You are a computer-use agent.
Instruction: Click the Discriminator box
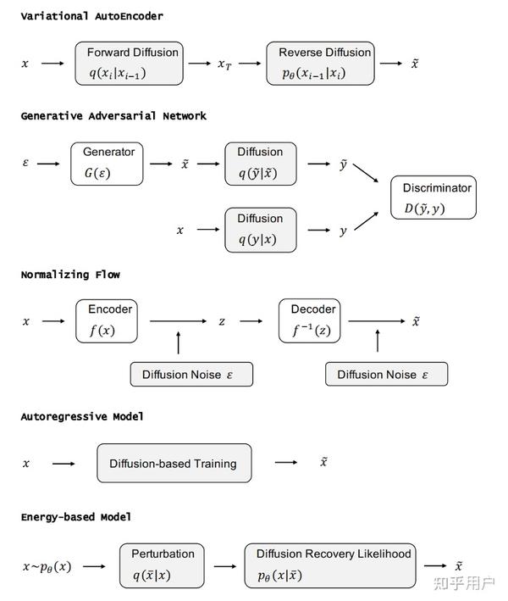pos(433,198)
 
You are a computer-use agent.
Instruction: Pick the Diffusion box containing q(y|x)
pos(260,230)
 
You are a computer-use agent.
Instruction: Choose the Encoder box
pos(107,320)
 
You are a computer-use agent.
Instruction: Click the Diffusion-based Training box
pos(174,464)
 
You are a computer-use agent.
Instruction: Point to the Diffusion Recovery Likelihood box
pos(333,565)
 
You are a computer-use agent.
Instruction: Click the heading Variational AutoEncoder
pos(91,16)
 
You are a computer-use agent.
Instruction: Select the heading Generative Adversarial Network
pos(113,115)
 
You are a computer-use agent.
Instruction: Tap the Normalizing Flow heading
pos(70,274)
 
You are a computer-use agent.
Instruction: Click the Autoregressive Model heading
pos(82,416)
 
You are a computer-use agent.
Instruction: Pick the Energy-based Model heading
pos(76,516)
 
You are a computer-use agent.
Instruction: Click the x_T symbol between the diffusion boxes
pos(224,64)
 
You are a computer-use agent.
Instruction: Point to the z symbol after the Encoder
pos(222,321)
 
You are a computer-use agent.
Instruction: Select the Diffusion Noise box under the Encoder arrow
pos(191,374)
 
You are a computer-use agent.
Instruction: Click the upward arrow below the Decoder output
pos(378,342)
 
